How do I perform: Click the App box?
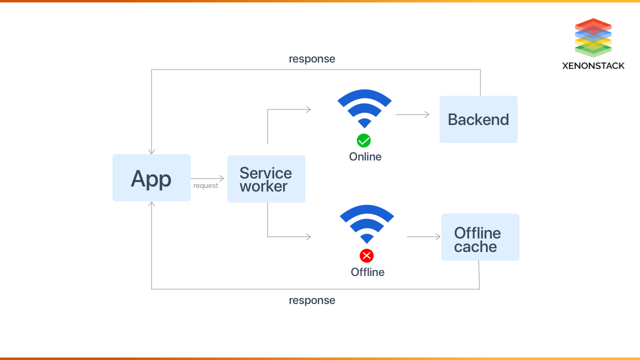coord(151,178)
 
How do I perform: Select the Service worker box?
coord(266,179)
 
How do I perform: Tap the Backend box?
coord(478,119)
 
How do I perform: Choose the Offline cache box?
coord(480,237)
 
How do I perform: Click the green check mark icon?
coord(363,140)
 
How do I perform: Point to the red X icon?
coord(366,256)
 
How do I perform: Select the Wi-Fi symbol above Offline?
coord(366,223)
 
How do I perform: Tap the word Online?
coord(365,157)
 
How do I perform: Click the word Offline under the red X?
coord(367,272)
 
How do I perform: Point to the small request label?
coord(205,186)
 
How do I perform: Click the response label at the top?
coord(312,59)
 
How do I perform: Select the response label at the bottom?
coord(312,300)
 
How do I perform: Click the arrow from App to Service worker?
coord(207,178)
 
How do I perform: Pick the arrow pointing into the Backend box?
coord(412,114)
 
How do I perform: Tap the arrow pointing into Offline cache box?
coord(423,236)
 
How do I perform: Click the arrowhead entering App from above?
coord(151,151)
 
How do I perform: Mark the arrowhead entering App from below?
coord(151,204)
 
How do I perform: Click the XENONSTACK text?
coord(593,65)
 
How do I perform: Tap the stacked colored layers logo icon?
coord(593,37)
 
